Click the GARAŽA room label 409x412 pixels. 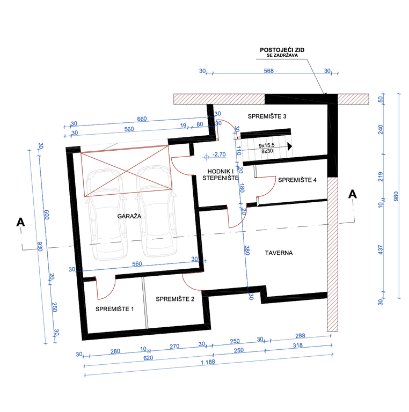pyautogui.click(x=129, y=216)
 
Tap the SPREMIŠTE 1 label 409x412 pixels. pyautogui.click(x=115, y=309)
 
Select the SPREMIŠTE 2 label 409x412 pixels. pyautogui.click(x=175, y=299)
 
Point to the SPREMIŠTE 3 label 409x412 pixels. pyautogui.click(x=267, y=116)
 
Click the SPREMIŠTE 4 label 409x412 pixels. pyautogui.click(x=297, y=180)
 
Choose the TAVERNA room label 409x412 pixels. pyautogui.click(x=279, y=253)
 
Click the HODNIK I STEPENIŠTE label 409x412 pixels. pyautogui.click(x=220, y=174)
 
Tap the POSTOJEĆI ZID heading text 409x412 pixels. pyautogui.click(x=282, y=50)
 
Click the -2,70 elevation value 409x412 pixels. pyautogui.click(x=219, y=154)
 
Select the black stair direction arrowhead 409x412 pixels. pyautogui.click(x=290, y=146)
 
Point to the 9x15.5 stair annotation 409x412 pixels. pyautogui.click(x=267, y=145)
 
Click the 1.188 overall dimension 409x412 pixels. pyautogui.click(x=208, y=362)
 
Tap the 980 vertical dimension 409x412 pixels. pyautogui.click(x=396, y=196)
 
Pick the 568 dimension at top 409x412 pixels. pyautogui.click(x=268, y=71)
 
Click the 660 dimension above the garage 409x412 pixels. pyautogui.click(x=142, y=119)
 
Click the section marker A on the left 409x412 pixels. pyautogui.click(x=20, y=222)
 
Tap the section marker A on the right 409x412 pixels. pyautogui.click(x=353, y=194)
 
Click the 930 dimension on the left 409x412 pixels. pyautogui.click(x=40, y=246)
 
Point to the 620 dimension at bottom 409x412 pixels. pyautogui.click(x=148, y=358)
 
